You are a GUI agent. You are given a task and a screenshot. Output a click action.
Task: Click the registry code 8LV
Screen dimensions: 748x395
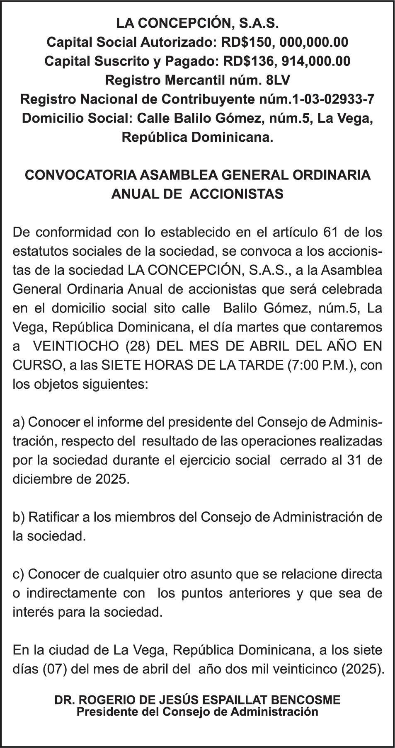coord(281,80)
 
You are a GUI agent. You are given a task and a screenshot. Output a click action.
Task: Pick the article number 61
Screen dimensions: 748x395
coord(330,232)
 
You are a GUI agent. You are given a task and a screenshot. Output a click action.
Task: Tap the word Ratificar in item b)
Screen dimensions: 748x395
coord(53,517)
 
